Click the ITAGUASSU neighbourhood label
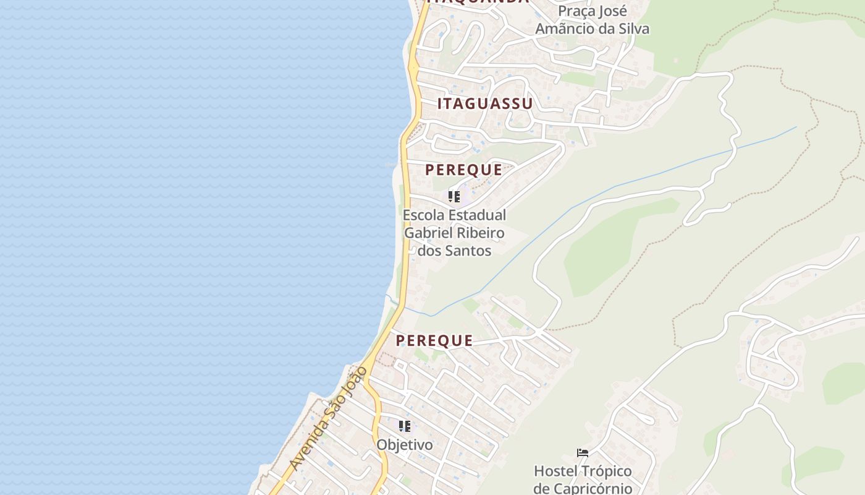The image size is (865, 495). pos(485,104)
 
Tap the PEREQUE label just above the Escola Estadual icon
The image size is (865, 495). pos(463,170)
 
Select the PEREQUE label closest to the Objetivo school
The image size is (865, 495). pos(434,340)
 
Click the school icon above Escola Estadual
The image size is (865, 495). pos(454,197)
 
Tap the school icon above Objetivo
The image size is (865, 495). pos(405,426)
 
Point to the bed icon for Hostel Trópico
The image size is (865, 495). pos(583,453)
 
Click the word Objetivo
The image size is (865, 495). pos(405,445)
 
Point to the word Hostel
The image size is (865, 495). pos(555,471)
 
